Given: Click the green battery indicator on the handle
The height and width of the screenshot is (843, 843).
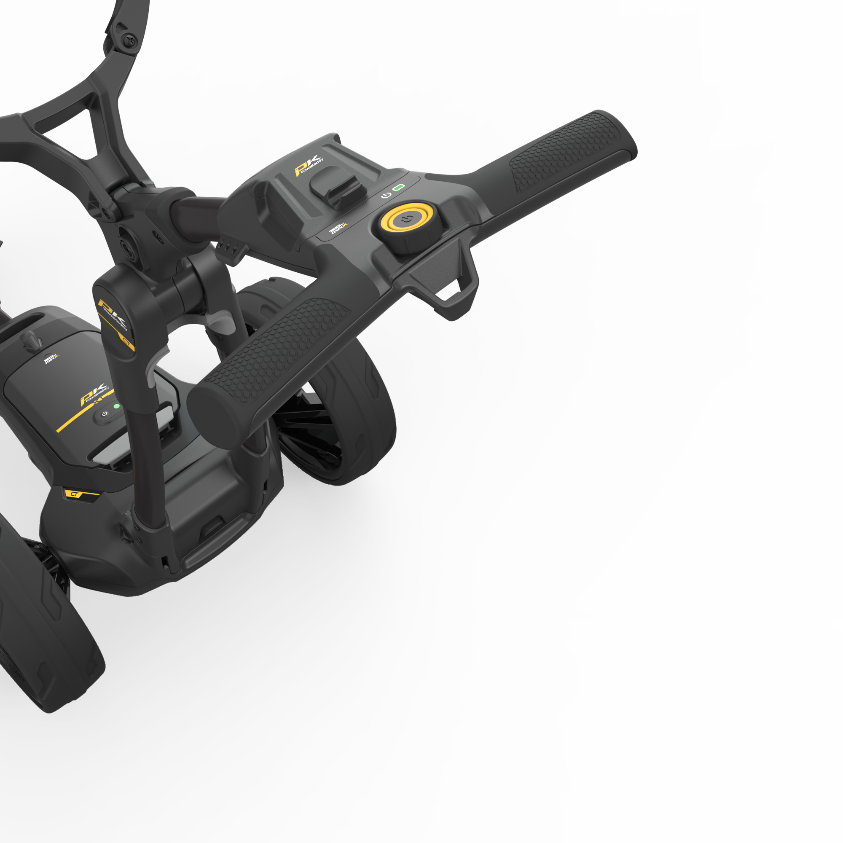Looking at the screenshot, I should (398, 188).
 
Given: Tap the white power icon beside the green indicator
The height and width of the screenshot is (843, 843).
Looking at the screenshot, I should (386, 195).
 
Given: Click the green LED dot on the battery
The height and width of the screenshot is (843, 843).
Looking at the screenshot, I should (116, 406).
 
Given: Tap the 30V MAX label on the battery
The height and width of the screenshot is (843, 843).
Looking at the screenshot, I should (51, 359).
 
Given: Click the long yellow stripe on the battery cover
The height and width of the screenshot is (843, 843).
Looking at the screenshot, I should (83, 414).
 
